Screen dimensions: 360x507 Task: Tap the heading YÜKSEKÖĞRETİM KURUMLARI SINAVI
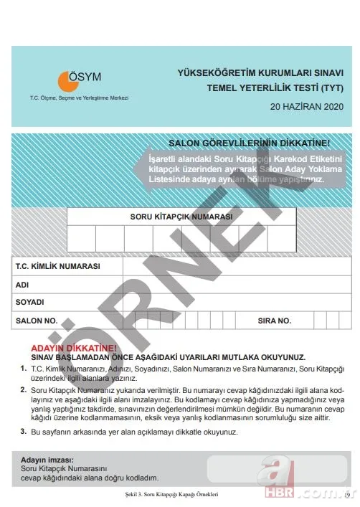(x=261, y=73)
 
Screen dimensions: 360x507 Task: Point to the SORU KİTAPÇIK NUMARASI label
(x=181, y=216)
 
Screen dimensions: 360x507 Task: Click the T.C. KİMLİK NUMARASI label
(x=57, y=266)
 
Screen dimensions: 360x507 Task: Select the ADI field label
(x=22, y=285)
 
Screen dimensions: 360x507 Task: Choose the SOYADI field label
(x=29, y=302)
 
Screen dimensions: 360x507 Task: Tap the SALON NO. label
(x=36, y=321)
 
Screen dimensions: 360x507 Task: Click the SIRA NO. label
(x=274, y=321)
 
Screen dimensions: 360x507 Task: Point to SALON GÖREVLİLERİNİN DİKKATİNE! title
(x=249, y=143)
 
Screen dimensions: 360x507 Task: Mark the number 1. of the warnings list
(x=24, y=367)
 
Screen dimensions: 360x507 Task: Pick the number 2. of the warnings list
(x=24, y=388)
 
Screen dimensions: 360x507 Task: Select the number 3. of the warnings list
(x=24, y=432)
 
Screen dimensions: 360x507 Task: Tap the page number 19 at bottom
(x=346, y=495)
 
